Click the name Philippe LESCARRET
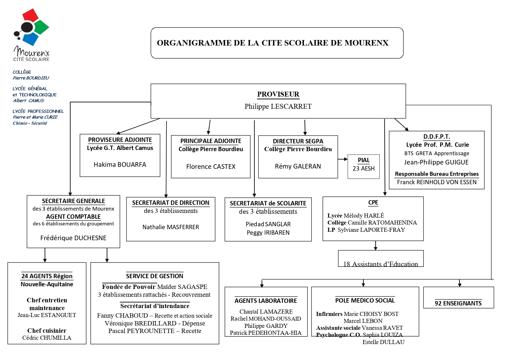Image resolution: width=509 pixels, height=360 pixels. click(278, 106)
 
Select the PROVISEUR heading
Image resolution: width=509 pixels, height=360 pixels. click(278, 94)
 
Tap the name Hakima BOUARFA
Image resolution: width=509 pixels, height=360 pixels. click(120, 165)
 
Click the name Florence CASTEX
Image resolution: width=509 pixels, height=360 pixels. click(211, 167)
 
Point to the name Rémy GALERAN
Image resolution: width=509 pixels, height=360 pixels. click(298, 166)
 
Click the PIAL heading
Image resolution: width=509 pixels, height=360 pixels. click(363, 160)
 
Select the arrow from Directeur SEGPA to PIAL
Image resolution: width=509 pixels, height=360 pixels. click(343, 159)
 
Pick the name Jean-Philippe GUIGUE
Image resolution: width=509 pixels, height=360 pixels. click(436, 162)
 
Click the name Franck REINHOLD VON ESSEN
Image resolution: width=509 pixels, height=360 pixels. click(436, 182)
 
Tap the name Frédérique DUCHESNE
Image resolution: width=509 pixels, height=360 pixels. click(73, 238)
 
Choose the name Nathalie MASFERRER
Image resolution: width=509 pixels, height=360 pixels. click(171, 227)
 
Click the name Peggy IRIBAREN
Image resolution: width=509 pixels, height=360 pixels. click(268, 233)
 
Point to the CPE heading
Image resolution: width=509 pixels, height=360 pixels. click(373, 202)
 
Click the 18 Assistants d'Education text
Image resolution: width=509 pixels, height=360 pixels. click(381, 264)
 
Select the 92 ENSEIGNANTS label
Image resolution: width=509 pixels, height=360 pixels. click(458, 303)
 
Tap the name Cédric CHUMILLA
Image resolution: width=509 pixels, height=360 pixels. click(47, 338)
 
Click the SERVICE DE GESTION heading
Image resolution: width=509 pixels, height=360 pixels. click(155, 276)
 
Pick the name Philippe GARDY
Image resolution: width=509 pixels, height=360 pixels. click(266, 326)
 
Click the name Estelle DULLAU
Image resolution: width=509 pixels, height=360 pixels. click(383, 342)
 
